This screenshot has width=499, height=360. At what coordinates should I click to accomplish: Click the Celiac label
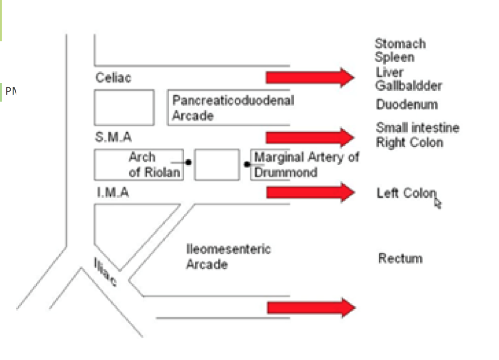[x=113, y=78]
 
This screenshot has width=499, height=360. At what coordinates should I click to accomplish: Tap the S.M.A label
[x=113, y=137]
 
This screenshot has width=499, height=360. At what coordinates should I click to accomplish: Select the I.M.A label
[x=113, y=192]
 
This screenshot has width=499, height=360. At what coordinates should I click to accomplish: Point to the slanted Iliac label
[x=105, y=272]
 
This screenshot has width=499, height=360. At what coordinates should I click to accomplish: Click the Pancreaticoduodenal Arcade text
[x=233, y=108]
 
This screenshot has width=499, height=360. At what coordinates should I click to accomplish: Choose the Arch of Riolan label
[x=153, y=165]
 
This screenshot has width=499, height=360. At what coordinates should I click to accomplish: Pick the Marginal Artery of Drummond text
[x=306, y=165]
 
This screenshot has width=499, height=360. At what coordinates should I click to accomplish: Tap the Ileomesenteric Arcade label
[x=228, y=257]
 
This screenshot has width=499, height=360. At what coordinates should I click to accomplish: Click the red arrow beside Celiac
[x=310, y=77]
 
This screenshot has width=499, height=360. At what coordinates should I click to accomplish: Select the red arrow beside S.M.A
[x=310, y=137]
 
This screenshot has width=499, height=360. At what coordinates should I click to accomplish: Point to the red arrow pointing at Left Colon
[x=310, y=192]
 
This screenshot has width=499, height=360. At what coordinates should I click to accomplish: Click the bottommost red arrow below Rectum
[x=310, y=308]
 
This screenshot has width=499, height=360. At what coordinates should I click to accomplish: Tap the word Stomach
[x=400, y=44]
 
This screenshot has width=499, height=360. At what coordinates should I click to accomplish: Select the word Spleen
[x=395, y=57]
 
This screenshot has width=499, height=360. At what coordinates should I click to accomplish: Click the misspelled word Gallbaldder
[x=408, y=86]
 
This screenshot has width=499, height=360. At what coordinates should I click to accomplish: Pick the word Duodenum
[x=407, y=104]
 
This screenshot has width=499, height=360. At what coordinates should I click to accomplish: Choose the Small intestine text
[x=417, y=128]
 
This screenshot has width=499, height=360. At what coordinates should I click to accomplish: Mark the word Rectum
[x=400, y=258]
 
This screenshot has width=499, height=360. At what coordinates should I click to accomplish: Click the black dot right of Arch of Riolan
[x=189, y=162]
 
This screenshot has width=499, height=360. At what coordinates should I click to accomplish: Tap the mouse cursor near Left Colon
[x=437, y=203]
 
